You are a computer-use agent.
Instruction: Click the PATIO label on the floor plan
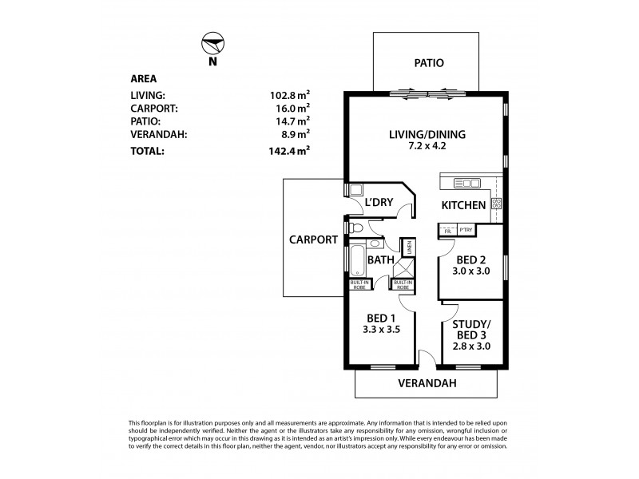427,63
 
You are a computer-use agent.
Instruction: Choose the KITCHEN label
464,206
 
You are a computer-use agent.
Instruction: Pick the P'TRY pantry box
467,232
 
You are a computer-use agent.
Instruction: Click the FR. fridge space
447,232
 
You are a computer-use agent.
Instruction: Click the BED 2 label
471,259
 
